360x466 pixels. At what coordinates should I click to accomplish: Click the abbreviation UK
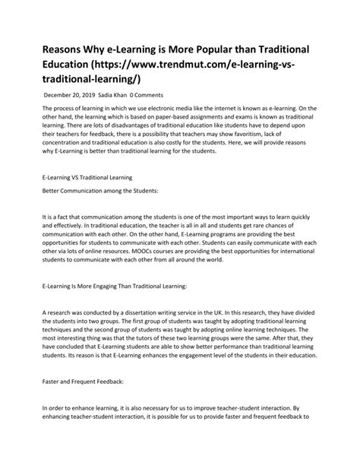pos(221,312)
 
